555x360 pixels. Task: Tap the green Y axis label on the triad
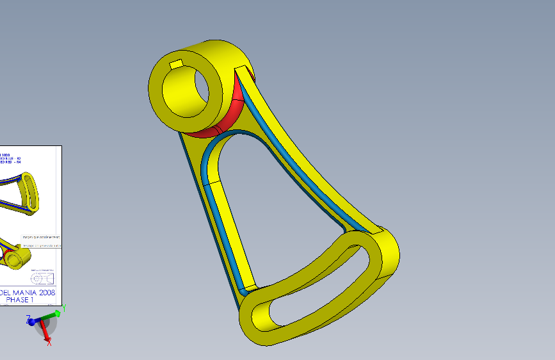(x=65, y=309)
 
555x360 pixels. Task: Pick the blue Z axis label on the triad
(x=28, y=318)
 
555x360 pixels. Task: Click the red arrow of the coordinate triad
(x=44, y=330)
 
